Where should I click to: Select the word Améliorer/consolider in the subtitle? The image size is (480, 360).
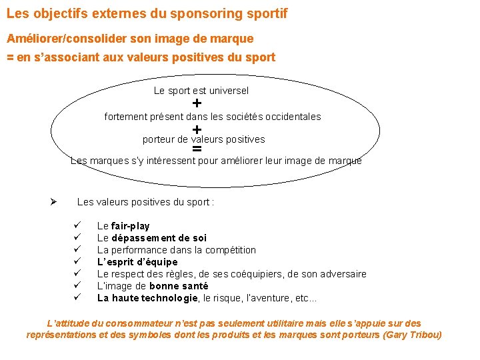pos(65,39)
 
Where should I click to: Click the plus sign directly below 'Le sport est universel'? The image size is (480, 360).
pos(197,103)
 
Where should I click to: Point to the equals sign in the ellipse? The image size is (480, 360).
pos(197,149)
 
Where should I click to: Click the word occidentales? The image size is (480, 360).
pos(293,117)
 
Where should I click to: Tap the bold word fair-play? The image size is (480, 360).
pos(131,226)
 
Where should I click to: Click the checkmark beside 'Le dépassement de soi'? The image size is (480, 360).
pos(77,238)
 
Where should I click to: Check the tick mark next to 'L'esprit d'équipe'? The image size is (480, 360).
pos(77,262)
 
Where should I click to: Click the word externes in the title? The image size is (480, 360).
pos(94,13)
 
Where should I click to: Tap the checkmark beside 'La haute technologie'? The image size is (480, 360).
pos(77,298)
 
